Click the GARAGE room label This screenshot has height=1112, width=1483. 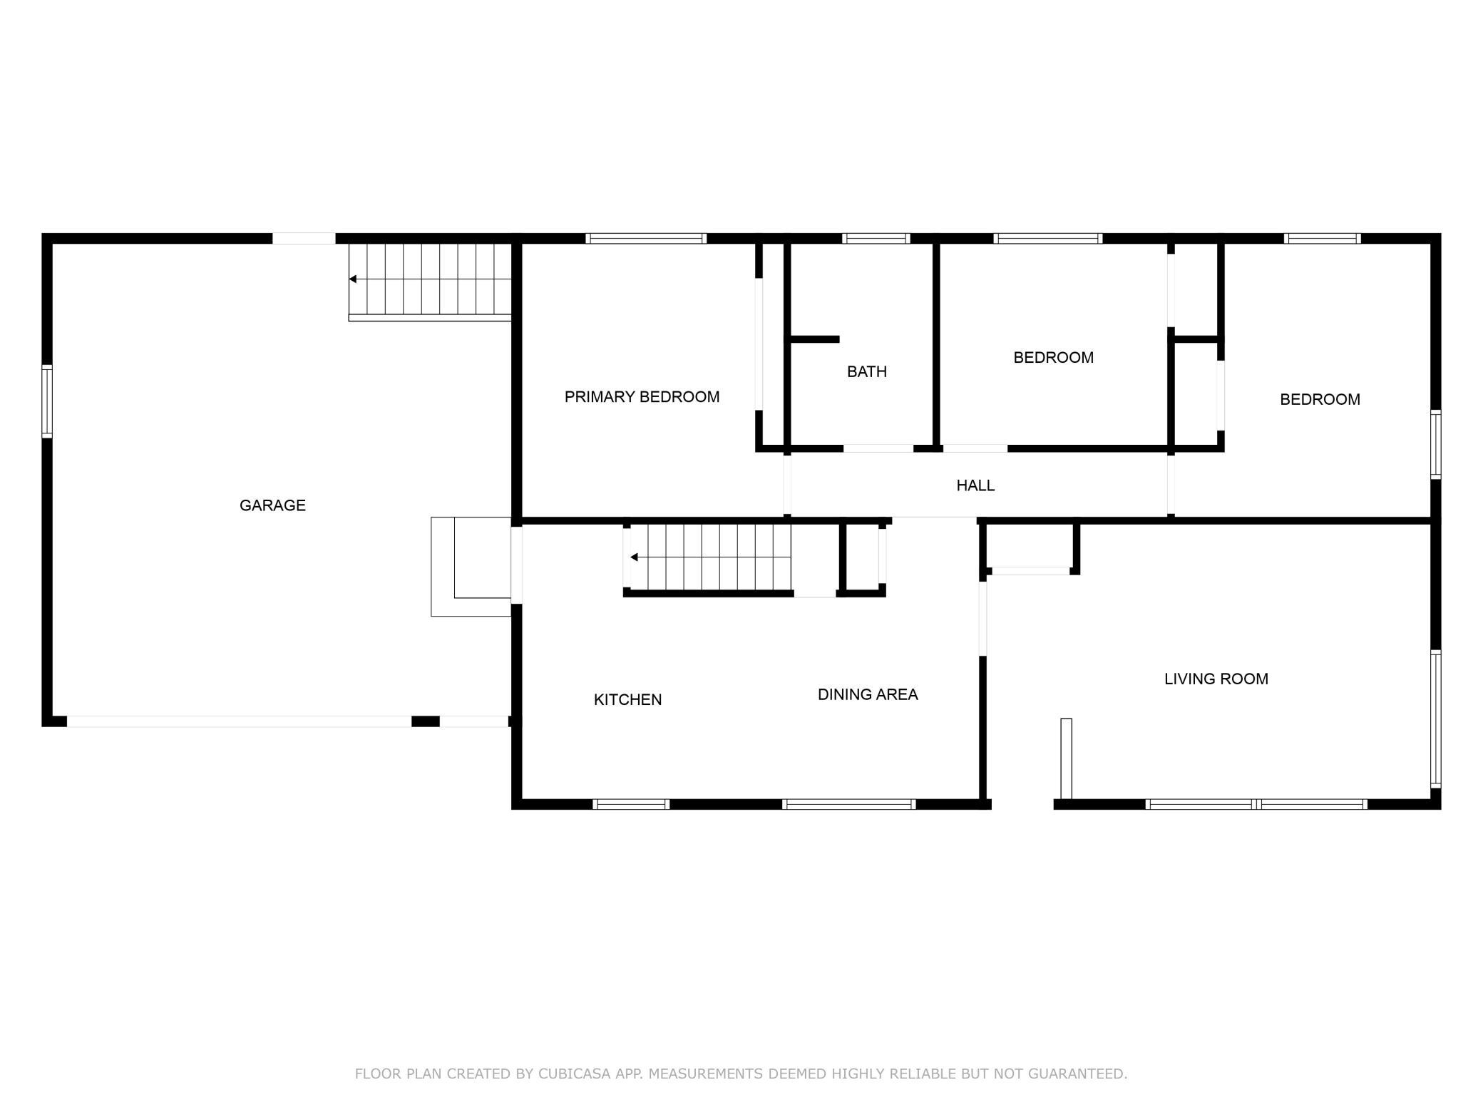click(x=272, y=505)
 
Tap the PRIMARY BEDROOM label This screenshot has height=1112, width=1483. click(x=642, y=397)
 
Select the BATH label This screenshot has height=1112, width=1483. click(x=867, y=371)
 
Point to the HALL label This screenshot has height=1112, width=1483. click(x=975, y=485)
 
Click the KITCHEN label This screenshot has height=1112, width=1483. click(x=627, y=700)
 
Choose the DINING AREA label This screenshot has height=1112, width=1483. click(x=868, y=694)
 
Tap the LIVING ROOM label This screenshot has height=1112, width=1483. click(x=1216, y=679)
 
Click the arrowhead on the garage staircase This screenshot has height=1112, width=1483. click(x=352, y=279)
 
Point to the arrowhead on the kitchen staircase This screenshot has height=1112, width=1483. click(x=634, y=557)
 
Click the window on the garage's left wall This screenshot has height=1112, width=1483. click(x=47, y=401)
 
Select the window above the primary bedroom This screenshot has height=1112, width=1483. click(x=646, y=239)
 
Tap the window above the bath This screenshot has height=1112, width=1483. click(x=876, y=239)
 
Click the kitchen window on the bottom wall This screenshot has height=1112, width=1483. click(x=631, y=804)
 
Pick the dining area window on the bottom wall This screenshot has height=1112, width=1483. click(x=848, y=804)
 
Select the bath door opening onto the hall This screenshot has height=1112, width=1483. click(x=878, y=448)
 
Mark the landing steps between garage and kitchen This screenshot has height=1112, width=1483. click(x=471, y=566)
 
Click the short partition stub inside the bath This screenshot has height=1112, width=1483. click(x=814, y=339)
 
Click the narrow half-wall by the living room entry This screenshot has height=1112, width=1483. click(x=1066, y=758)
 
